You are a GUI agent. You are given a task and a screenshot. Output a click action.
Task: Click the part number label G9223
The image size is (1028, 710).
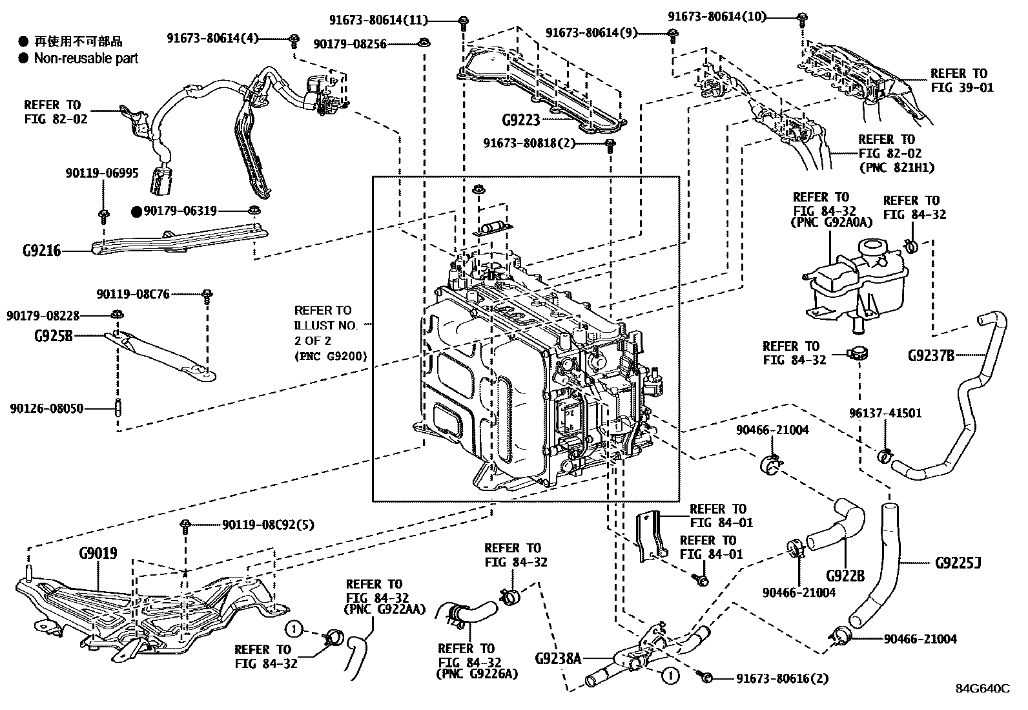click(521, 120)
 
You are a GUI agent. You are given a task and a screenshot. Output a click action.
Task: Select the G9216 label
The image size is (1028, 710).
click(42, 251)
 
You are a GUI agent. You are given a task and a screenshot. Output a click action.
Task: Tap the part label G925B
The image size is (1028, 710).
click(54, 337)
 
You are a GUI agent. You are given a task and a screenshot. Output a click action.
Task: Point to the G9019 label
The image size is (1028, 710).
click(98, 554)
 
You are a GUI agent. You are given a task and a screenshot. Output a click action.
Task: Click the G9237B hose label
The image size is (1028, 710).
click(931, 355)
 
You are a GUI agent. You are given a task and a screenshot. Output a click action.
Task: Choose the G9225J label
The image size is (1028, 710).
click(958, 563)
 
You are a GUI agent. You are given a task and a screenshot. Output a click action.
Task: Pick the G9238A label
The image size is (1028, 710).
click(558, 659)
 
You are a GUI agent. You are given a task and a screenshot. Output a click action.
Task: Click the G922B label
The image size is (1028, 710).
click(845, 576)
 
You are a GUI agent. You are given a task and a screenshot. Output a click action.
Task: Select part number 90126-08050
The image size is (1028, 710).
click(46, 409)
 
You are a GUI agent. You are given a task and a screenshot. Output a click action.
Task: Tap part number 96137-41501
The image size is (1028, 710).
click(885, 413)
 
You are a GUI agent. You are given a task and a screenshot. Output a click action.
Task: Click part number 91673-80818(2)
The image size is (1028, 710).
click(529, 143)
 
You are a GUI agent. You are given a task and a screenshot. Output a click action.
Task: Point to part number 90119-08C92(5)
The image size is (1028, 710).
click(269, 525)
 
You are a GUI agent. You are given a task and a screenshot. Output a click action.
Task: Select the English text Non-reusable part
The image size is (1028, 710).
click(87, 58)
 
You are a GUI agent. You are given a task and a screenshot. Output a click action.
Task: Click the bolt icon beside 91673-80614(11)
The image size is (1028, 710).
click(464, 22)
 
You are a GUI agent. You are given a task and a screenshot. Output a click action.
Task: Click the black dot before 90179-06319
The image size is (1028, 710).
click(137, 212)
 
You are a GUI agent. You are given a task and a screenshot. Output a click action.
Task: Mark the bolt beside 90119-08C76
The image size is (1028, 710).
click(207, 297)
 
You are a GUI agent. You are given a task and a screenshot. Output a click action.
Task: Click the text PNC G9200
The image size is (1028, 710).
click(331, 357)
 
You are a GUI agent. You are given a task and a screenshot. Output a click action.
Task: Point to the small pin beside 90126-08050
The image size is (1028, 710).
click(118, 408)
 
